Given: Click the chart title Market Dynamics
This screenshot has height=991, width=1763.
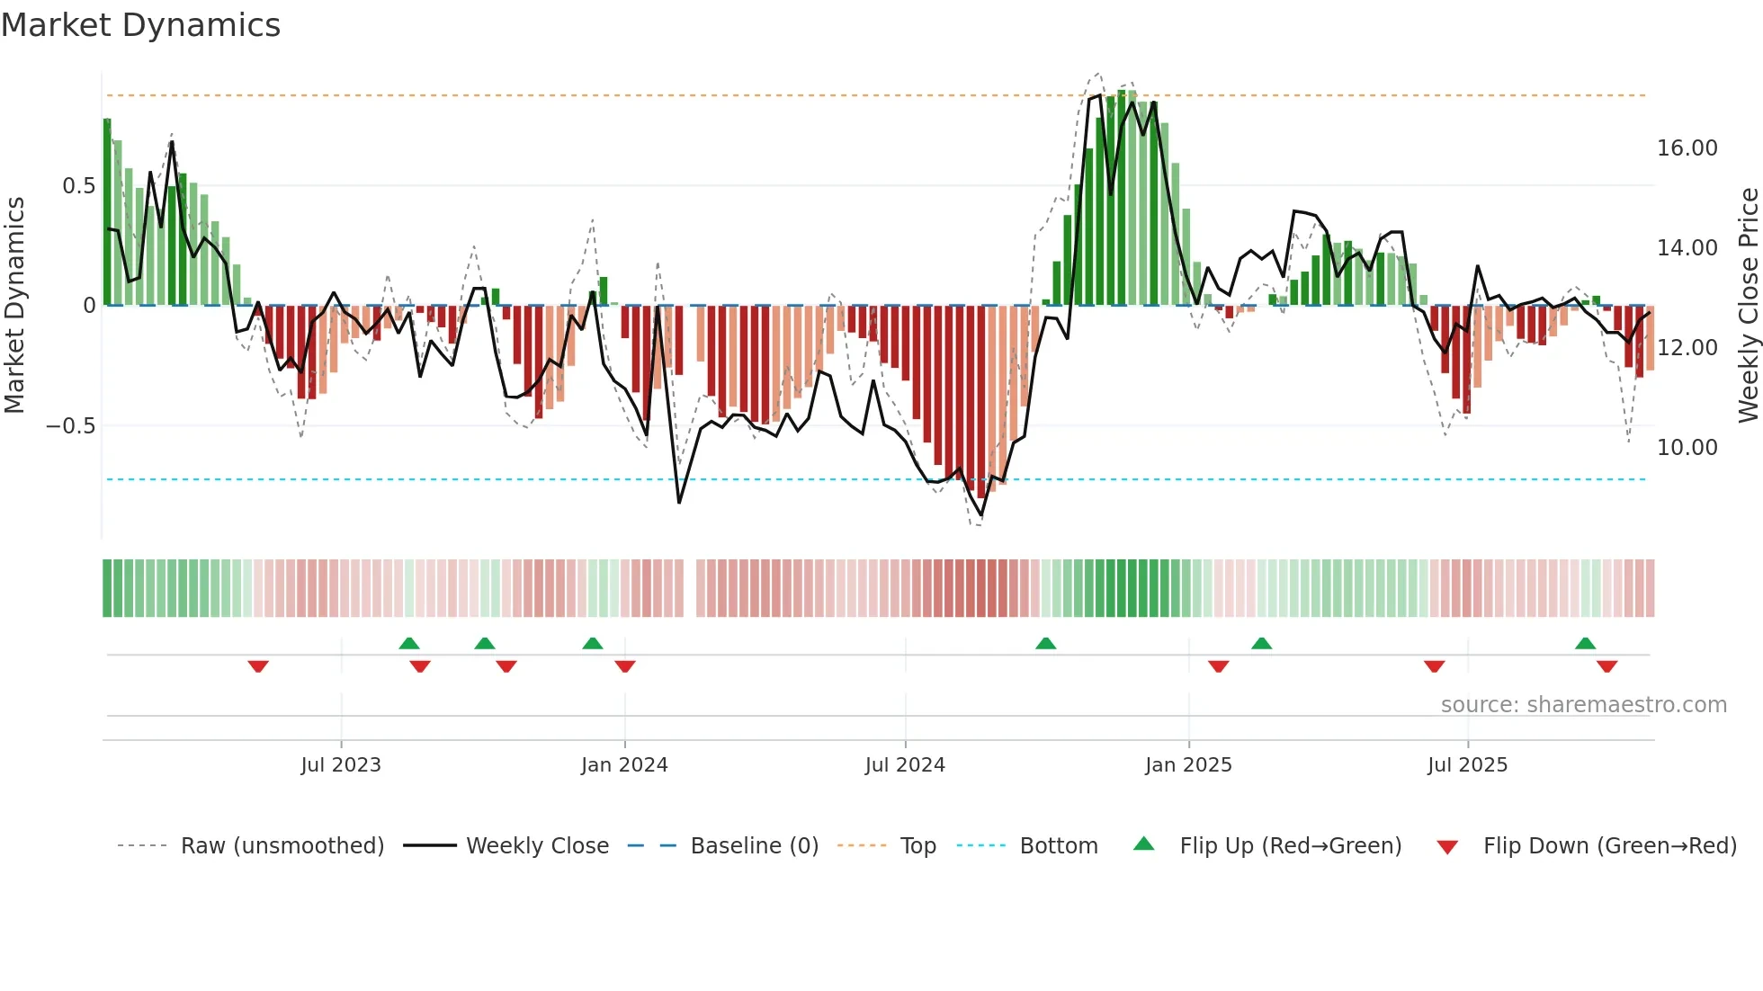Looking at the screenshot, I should tap(140, 25).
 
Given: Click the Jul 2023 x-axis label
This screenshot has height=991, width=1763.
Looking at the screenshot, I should tap(341, 765).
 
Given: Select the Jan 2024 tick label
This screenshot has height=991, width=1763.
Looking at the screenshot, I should tap(624, 765).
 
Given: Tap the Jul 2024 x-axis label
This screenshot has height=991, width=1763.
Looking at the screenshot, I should tap(905, 765).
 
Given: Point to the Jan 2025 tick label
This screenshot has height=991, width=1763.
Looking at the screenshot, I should tap(1188, 765).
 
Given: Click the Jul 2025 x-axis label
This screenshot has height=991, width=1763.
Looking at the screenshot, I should tap(1467, 765).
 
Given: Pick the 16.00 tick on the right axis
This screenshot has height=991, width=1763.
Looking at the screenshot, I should tap(1687, 148).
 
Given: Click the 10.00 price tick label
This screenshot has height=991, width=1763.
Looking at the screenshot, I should tap(1687, 448).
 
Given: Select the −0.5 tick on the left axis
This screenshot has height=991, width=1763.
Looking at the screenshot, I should tap(70, 426).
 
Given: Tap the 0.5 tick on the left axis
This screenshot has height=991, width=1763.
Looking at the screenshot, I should tap(78, 186).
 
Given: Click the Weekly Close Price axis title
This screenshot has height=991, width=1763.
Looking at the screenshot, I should tap(1748, 306).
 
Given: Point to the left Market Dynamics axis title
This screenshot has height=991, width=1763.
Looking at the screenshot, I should tap(14, 306).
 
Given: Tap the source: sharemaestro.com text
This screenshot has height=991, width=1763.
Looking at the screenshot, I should tap(1583, 705).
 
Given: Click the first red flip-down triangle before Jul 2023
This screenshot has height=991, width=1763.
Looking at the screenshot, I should tap(258, 666).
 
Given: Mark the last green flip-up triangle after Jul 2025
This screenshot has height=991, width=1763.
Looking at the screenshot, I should tap(1585, 643).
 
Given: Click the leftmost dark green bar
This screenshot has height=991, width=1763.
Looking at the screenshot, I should tap(107, 212).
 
